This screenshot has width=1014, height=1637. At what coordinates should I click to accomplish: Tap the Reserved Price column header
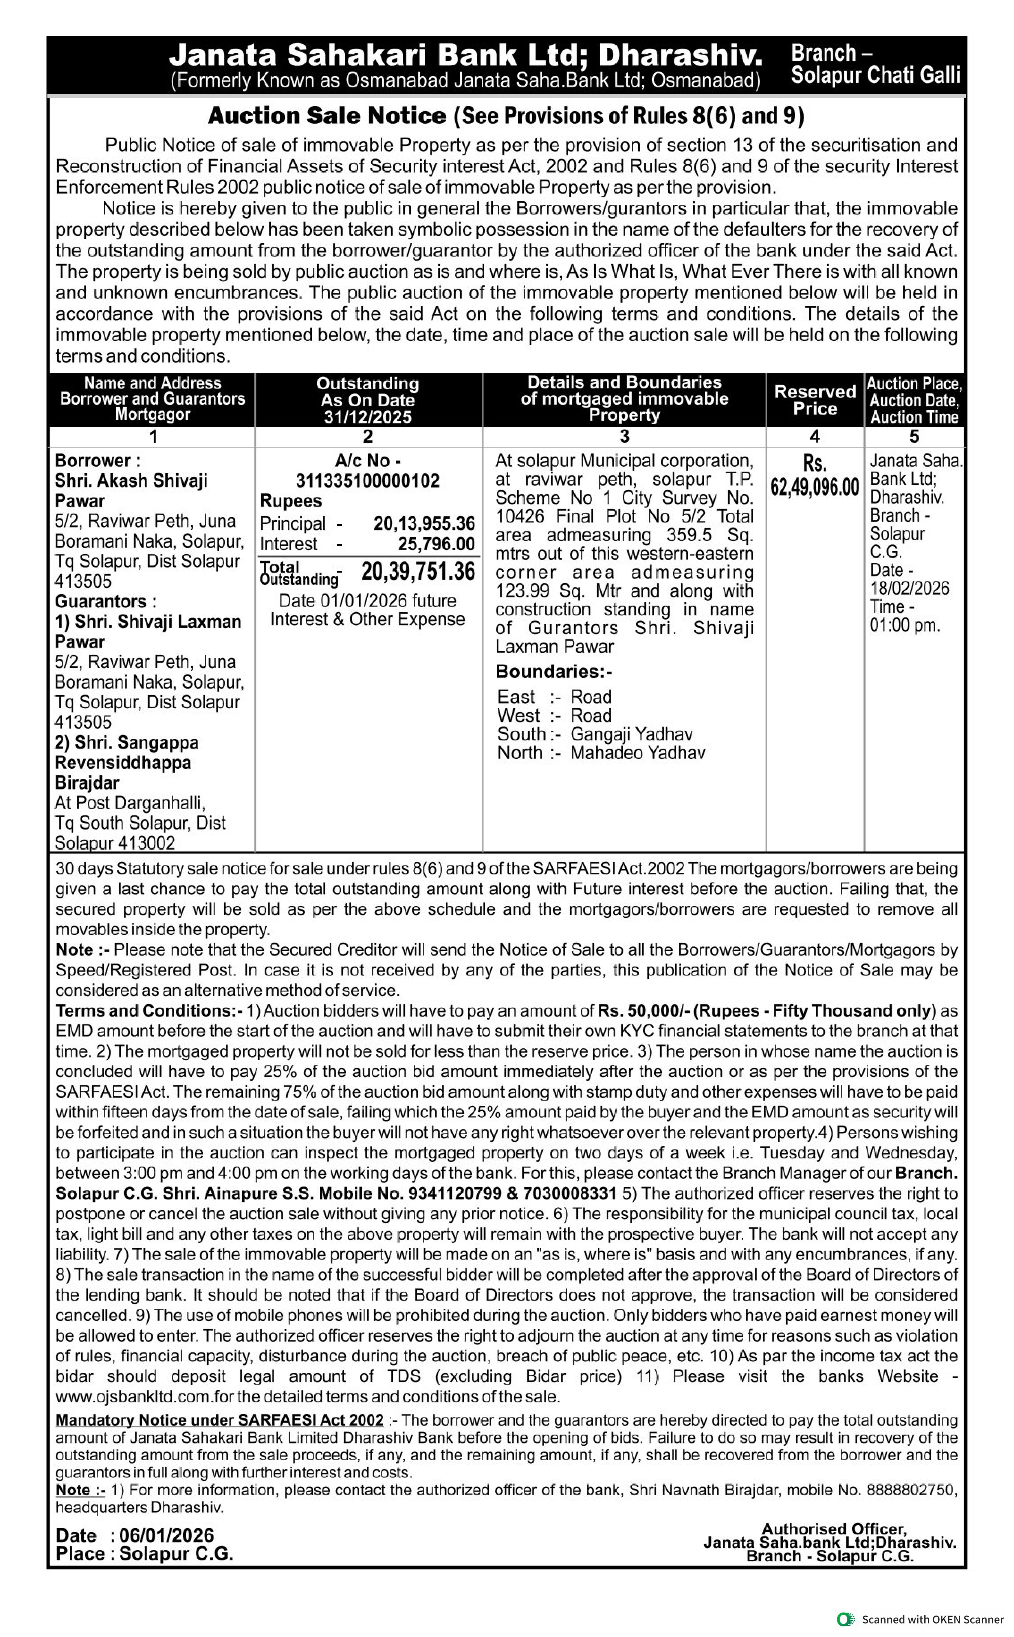(x=815, y=400)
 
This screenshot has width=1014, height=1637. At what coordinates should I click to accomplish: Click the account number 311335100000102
(x=368, y=481)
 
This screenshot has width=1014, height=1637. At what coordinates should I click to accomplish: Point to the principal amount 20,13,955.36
(x=424, y=524)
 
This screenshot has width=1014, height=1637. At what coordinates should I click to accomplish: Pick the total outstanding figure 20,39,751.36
(x=418, y=572)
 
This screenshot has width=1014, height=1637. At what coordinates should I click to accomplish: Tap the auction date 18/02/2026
(x=909, y=589)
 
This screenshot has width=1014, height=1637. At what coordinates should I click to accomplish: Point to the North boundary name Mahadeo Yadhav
(x=637, y=753)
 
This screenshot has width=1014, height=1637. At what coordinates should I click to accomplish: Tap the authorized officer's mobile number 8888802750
(x=909, y=1490)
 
